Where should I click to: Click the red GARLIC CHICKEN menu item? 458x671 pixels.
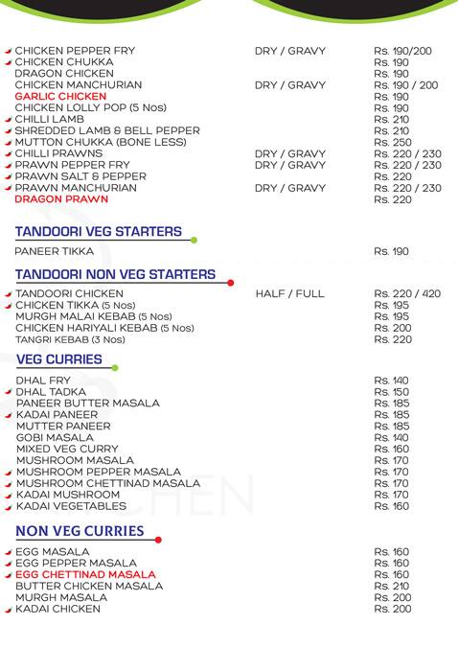tap(59, 97)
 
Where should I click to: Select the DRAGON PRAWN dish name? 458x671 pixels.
tap(57, 200)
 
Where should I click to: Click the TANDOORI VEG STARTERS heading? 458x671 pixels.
tap(99, 232)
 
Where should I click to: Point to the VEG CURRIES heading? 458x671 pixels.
tap(59, 359)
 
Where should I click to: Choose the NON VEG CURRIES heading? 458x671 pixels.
tap(80, 530)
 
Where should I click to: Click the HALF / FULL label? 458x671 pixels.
tap(290, 293)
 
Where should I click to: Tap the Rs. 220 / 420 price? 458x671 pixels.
tap(407, 293)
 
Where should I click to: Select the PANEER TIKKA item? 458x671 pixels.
tap(55, 251)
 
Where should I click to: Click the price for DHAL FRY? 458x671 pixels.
tap(392, 381)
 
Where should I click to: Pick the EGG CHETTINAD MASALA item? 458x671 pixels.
tap(85, 575)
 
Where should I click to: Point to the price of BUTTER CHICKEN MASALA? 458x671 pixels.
tap(392, 587)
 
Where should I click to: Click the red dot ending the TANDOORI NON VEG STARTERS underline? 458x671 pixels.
tap(231, 283)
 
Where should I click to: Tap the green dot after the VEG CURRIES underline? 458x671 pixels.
tap(116, 367)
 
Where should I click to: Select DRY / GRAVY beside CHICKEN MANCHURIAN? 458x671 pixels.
tap(290, 85)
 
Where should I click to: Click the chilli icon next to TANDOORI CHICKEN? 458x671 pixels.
tap(9, 293)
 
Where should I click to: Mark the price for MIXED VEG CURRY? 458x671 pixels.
tap(392, 449)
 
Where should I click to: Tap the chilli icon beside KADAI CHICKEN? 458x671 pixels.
tap(9, 610)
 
